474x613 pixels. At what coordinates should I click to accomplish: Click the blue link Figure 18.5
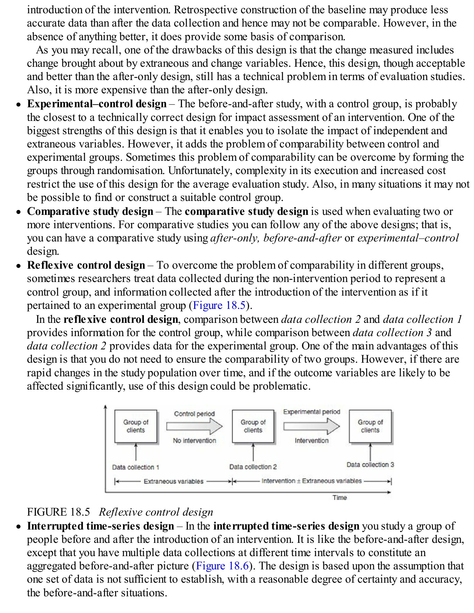(x=219, y=305)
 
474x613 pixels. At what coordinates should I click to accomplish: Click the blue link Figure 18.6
(x=223, y=566)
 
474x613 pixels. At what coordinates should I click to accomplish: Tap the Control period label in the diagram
(x=194, y=414)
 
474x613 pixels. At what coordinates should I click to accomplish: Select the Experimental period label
(x=311, y=412)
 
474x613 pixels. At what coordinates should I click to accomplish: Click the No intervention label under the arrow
(x=194, y=440)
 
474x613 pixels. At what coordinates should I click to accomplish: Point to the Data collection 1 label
(x=136, y=467)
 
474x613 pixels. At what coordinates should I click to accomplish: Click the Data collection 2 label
(x=253, y=467)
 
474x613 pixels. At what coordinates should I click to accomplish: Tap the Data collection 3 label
(x=370, y=465)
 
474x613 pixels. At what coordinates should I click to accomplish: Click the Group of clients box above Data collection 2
(x=253, y=426)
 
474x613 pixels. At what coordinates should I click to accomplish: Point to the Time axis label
(x=339, y=498)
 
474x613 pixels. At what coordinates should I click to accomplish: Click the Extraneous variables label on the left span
(x=173, y=481)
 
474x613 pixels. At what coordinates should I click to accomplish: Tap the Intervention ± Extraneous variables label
(x=311, y=481)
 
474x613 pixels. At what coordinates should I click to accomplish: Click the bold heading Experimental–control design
(x=97, y=104)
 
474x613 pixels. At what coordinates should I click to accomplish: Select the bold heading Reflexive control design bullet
(x=86, y=265)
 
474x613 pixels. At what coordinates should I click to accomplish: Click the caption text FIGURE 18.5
(x=58, y=512)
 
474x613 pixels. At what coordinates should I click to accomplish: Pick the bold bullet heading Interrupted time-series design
(x=101, y=526)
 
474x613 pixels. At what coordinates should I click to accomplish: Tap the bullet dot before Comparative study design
(x=19, y=212)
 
